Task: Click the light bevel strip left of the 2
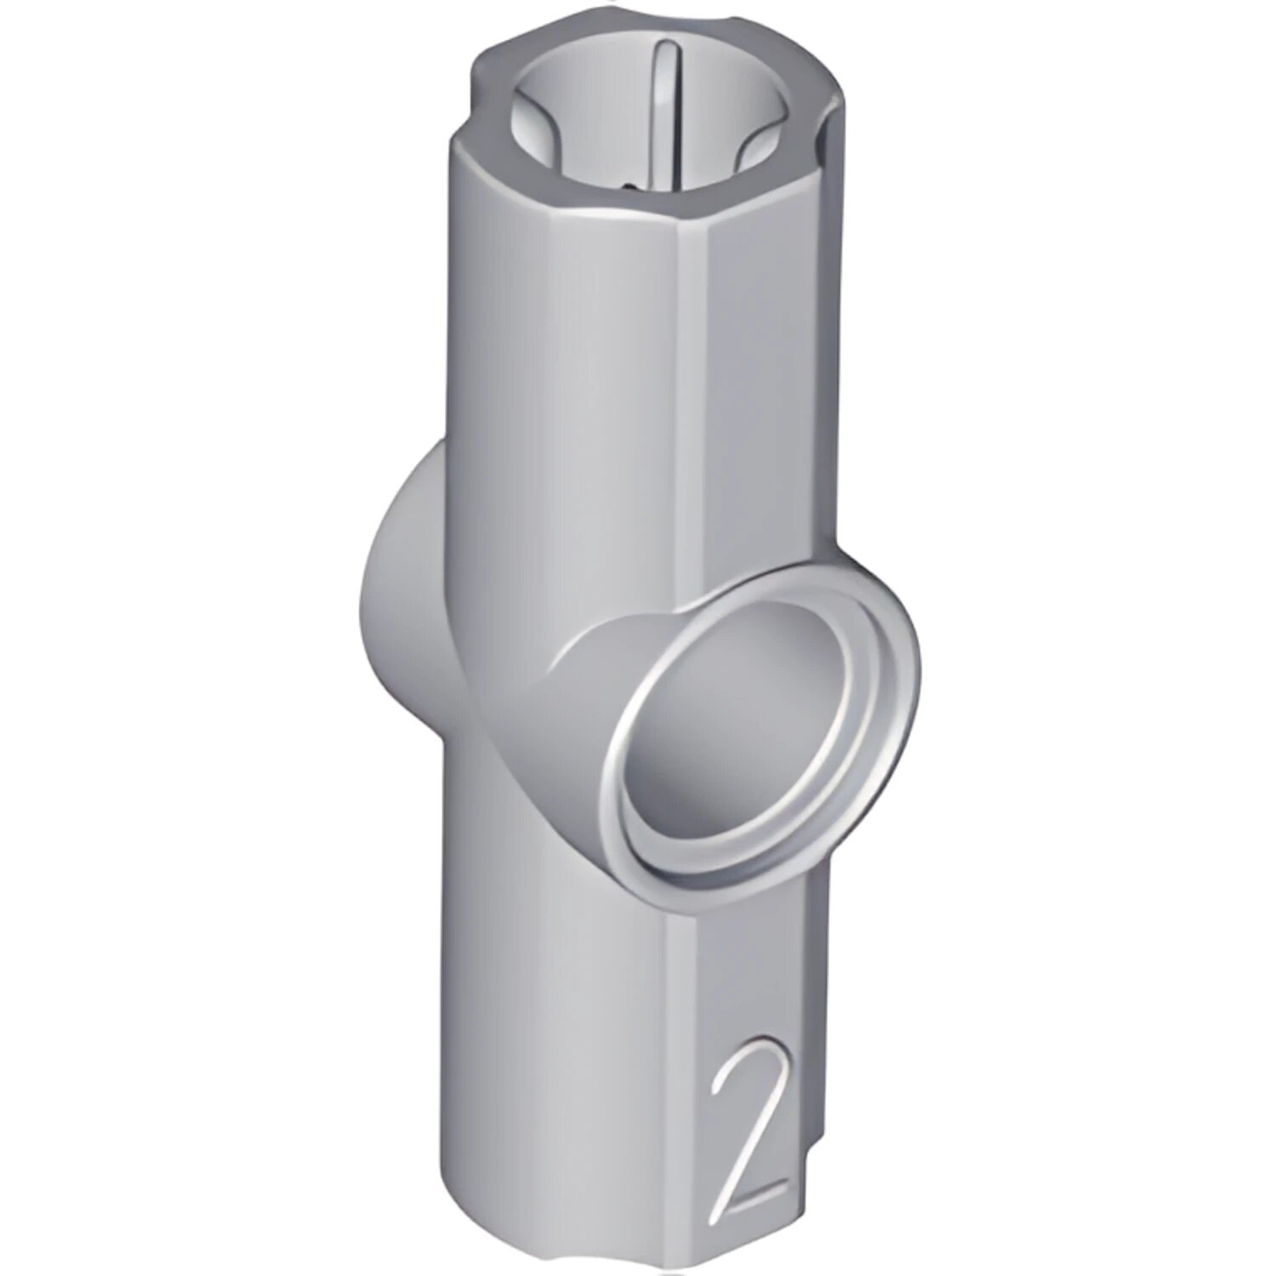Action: [x=681, y=1063]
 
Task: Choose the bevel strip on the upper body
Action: [x=689, y=383]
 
